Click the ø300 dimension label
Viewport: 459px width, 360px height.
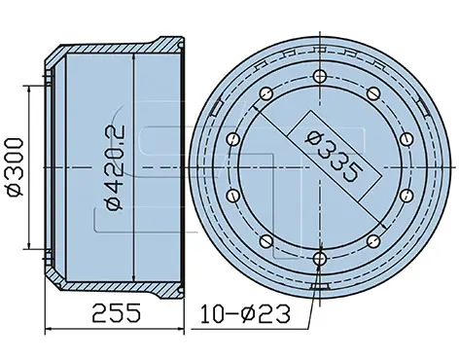click(16, 167)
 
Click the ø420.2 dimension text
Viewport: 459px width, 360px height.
click(115, 167)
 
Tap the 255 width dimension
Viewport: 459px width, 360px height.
click(117, 312)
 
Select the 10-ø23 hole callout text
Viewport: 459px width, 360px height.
click(245, 314)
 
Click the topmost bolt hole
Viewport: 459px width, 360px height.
click(320, 77)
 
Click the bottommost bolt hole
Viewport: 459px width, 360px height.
click(320, 258)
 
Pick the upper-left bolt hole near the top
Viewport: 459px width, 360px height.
click(266, 94)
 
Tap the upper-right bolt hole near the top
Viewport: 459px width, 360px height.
click(373, 94)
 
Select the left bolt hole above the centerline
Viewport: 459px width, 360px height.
click(233, 139)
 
